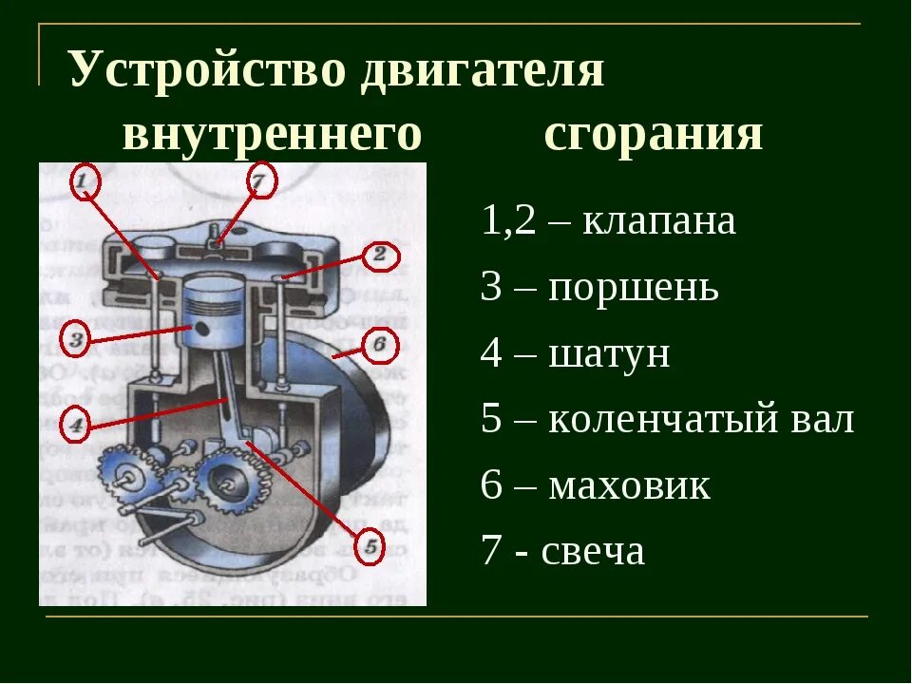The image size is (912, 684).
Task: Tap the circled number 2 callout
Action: pos(379,255)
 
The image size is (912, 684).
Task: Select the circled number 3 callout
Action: pos(78,338)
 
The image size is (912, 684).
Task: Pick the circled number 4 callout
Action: pos(77,424)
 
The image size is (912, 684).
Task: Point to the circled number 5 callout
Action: pos(370,546)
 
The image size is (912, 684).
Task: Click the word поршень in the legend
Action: pos(634,288)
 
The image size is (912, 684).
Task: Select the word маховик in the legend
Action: pos(629,486)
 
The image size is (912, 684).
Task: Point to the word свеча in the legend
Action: pos(593,551)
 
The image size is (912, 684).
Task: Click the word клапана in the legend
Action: pos(658,222)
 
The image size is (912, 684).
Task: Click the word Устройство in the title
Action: pos(199,72)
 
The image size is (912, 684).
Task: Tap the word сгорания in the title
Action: pos(654,134)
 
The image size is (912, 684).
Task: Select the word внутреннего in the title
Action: pos(272,134)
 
